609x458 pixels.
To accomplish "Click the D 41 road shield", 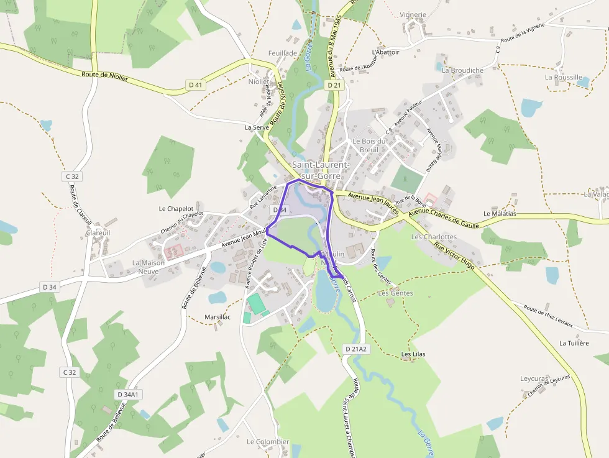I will click(195, 85).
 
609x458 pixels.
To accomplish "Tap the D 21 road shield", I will click(334, 85).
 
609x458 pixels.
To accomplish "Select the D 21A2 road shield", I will click(357, 349).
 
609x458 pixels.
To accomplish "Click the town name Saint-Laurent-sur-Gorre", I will click(316, 170).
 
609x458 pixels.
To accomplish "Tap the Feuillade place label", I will click(283, 53).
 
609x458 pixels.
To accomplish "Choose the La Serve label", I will click(256, 127).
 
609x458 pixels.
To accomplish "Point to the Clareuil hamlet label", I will click(98, 233).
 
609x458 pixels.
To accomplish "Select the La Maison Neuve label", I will click(149, 267).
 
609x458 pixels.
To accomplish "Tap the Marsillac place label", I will click(217, 317).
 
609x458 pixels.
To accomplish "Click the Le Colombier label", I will click(268, 442).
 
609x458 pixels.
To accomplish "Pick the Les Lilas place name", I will click(413, 354).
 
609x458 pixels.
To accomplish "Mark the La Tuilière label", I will click(574, 343).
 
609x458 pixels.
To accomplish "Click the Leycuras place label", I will click(534, 378).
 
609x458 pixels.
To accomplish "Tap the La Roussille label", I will click(564, 78).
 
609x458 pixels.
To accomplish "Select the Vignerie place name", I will click(413, 15).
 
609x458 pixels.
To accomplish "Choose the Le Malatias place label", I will click(500, 213).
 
